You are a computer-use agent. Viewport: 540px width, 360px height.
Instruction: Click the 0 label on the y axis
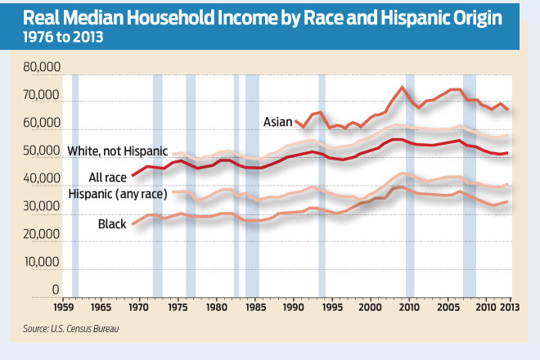click(56, 289)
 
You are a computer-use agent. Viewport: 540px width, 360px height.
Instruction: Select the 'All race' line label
click(107, 177)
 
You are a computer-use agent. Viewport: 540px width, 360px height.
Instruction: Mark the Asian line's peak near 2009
click(402, 87)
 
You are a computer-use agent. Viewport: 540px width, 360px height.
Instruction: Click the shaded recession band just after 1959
click(75, 184)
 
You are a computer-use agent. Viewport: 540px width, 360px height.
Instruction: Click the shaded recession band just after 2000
click(410, 184)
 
